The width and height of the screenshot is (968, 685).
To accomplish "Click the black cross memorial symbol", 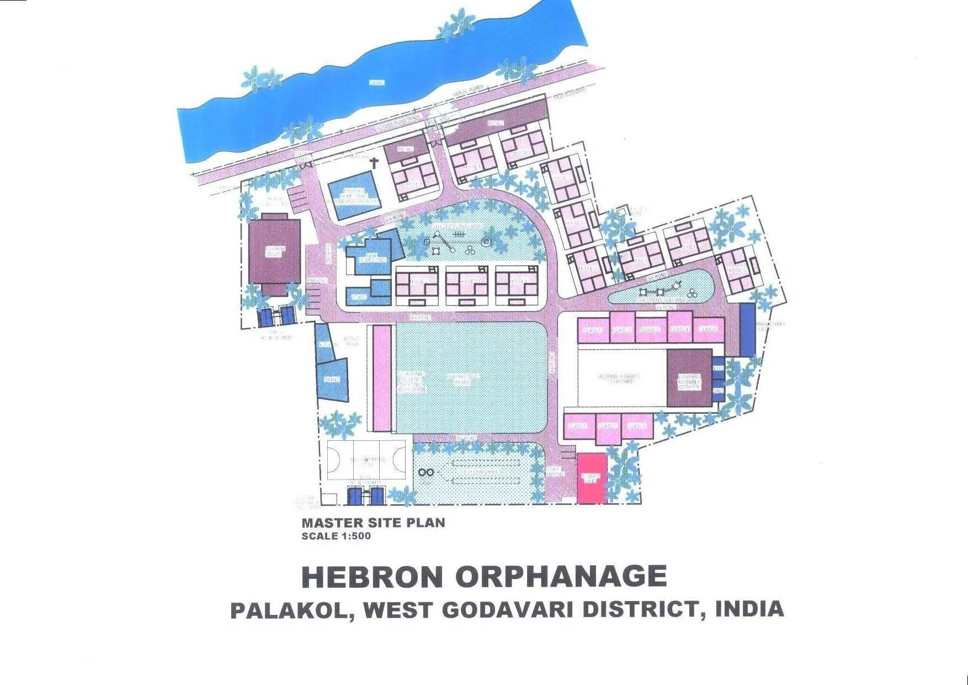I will point(374,163).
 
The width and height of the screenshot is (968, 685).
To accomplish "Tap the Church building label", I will point(275,251).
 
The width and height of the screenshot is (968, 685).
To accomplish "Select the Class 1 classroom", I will point(592,330).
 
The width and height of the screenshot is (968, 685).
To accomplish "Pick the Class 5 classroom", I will point(708,329).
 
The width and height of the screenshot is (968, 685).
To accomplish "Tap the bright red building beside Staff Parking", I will point(592,478).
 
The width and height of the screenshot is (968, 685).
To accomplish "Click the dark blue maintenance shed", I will point(747,329).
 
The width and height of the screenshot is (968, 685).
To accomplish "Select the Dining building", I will point(332,380).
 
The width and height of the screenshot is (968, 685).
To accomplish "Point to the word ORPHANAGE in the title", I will point(561,576).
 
